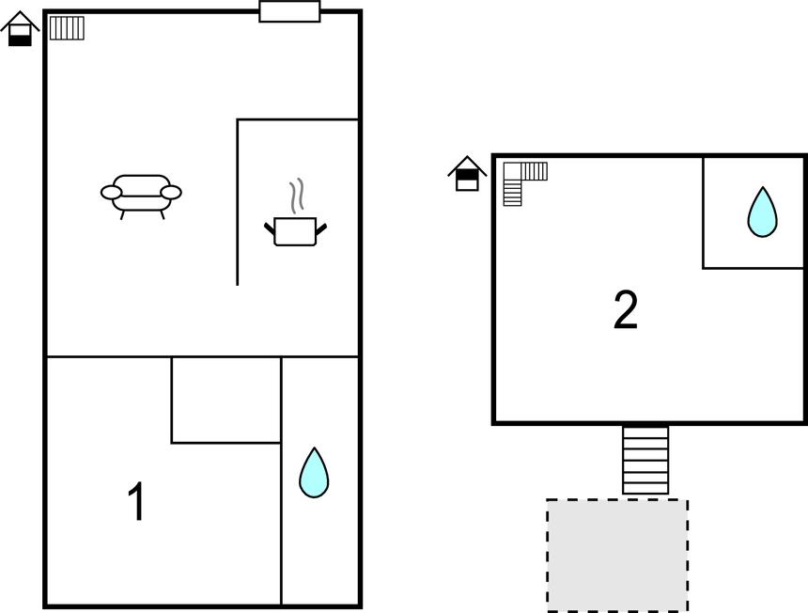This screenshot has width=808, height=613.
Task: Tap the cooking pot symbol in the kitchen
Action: click(x=295, y=231)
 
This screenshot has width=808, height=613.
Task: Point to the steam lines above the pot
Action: click(x=296, y=196)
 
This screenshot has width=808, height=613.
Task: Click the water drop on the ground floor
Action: click(x=314, y=473)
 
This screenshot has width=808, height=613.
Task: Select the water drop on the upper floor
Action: click(x=763, y=212)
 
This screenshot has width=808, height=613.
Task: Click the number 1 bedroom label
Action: click(x=136, y=501)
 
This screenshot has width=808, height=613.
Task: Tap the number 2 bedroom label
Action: click(x=626, y=309)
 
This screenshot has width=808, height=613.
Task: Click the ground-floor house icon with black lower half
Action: click(x=20, y=29)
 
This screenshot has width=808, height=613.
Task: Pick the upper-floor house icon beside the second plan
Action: click(x=467, y=174)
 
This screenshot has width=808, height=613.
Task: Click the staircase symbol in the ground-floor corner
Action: click(x=67, y=28)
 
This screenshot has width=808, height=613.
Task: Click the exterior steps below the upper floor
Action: click(x=645, y=460)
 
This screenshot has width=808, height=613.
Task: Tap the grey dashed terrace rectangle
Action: click(x=617, y=556)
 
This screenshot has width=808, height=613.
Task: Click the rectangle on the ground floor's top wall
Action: click(x=289, y=11)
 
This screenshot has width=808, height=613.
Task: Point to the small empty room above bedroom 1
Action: click(x=226, y=400)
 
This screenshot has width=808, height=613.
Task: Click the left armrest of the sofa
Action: click(x=111, y=193)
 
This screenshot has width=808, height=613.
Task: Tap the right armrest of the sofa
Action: click(x=171, y=193)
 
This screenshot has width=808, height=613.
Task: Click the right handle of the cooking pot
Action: click(x=321, y=229)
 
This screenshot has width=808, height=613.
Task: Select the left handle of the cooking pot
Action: click(x=270, y=228)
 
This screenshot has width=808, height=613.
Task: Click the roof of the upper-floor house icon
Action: click(x=467, y=164)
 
